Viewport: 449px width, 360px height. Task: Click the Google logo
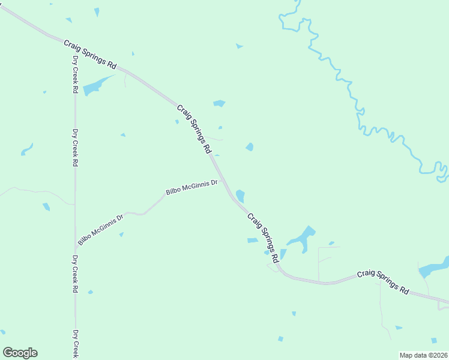point(20,353)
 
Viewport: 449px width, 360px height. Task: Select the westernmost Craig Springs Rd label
point(90,54)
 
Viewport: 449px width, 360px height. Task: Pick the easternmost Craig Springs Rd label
point(383,282)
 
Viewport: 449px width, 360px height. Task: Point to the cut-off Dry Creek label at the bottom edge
point(76,344)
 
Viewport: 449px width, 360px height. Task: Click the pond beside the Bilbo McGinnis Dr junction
point(240,196)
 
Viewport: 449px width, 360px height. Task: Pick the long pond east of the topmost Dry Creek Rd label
point(97,85)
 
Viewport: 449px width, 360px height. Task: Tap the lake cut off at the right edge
point(435,266)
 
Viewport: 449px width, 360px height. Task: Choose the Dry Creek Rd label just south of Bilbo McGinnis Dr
point(75,274)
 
